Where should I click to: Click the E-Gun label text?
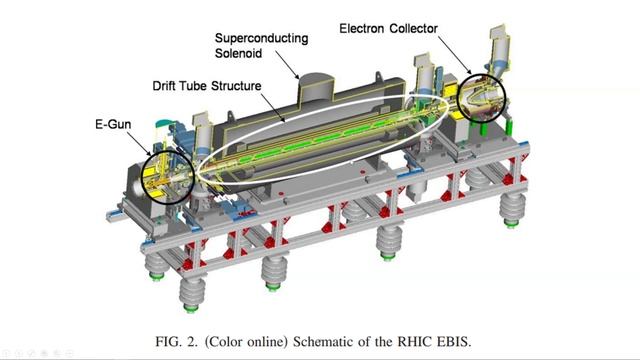113,124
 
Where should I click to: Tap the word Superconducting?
261,38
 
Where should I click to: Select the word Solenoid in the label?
238,53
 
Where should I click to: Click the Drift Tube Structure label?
207,86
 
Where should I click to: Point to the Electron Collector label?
389,29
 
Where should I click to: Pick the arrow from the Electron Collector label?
455,56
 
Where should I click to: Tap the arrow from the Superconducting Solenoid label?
287,64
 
